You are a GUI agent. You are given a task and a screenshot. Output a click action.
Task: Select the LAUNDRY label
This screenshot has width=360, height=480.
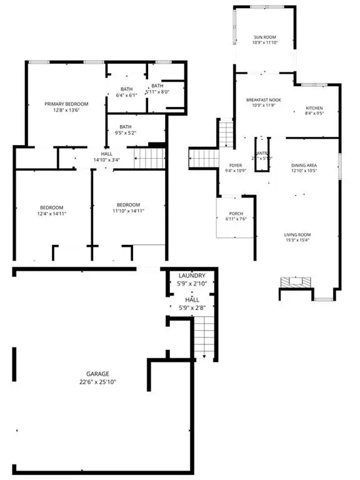[192, 276]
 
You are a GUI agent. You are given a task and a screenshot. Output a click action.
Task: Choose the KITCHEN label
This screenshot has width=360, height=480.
[314, 107]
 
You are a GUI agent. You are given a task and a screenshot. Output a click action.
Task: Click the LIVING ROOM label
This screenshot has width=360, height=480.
[297, 235]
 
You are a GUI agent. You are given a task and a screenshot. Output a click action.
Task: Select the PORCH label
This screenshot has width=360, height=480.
[234, 213]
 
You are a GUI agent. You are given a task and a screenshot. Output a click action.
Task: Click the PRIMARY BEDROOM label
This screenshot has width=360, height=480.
[66, 104]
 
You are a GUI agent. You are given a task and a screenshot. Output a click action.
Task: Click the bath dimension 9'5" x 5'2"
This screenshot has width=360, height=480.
[126, 132]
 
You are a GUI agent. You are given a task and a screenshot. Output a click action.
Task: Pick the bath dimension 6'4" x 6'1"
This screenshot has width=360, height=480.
[126, 96]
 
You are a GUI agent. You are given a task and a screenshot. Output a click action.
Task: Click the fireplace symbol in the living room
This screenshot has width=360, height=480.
[296, 282]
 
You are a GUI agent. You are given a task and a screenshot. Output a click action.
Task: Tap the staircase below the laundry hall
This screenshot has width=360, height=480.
[204, 337]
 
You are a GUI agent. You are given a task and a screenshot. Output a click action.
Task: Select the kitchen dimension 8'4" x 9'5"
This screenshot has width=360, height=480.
[314, 114]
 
